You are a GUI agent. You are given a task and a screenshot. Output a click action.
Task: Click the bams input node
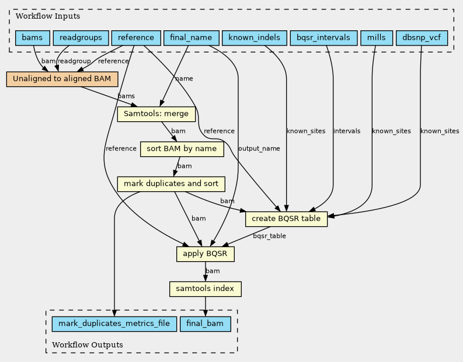click(x=33, y=38)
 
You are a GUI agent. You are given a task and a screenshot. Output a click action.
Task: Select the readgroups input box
click(x=81, y=38)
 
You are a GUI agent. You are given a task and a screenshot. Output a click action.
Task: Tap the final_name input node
click(x=192, y=38)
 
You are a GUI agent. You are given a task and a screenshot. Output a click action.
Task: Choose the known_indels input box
click(x=255, y=38)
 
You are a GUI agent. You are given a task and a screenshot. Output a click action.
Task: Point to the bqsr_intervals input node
click(x=323, y=38)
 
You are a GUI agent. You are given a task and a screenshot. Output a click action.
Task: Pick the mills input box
click(x=377, y=38)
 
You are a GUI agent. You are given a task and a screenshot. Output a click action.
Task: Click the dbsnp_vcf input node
click(x=422, y=38)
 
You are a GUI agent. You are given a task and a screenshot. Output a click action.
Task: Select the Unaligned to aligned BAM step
click(x=62, y=79)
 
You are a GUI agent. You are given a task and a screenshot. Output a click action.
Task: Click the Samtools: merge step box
click(x=156, y=114)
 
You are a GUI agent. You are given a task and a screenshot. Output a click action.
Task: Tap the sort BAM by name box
click(x=182, y=149)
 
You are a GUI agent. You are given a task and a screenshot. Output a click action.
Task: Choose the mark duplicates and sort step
click(x=171, y=184)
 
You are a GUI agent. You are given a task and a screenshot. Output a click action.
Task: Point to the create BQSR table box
click(x=287, y=219)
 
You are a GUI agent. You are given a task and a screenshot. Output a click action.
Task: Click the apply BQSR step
click(x=206, y=254)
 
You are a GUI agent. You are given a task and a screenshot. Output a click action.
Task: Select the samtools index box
click(x=206, y=289)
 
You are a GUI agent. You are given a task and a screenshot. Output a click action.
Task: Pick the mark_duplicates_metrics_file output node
click(x=114, y=324)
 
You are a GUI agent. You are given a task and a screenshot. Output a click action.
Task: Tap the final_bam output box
click(x=205, y=324)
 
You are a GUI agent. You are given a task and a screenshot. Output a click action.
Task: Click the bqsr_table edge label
click(x=269, y=236)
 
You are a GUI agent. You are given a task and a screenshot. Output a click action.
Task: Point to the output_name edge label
click(x=259, y=149)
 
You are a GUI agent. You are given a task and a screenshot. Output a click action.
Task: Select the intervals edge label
click(x=347, y=131)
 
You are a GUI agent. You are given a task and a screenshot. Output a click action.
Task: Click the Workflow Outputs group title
click(x=88, y=345)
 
